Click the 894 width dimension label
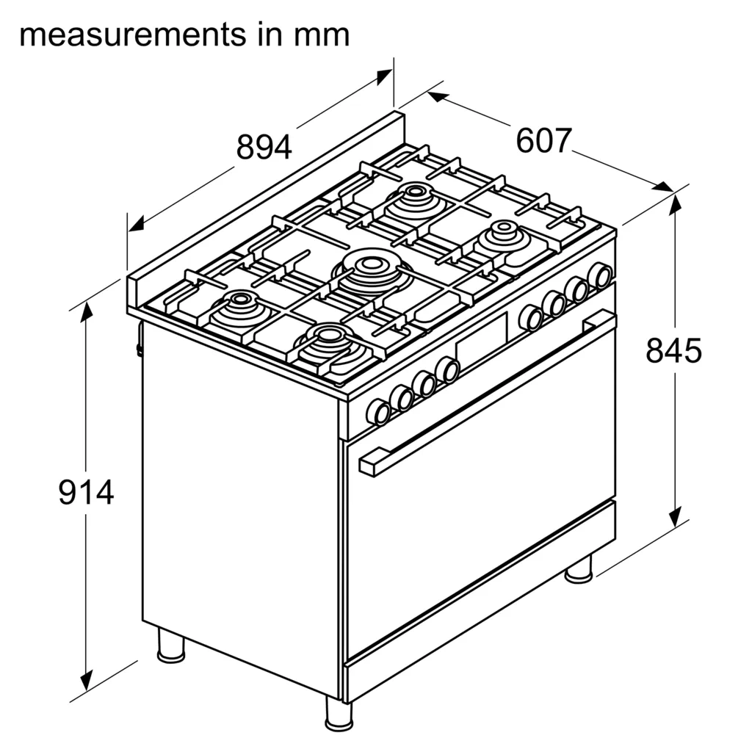(264, 147)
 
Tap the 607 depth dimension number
(544, 140)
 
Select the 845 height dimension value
(673, 350)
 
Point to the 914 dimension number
(86, 492)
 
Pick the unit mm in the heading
(322, 35)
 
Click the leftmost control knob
(378, 412)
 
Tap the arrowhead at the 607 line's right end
(664, 187)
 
